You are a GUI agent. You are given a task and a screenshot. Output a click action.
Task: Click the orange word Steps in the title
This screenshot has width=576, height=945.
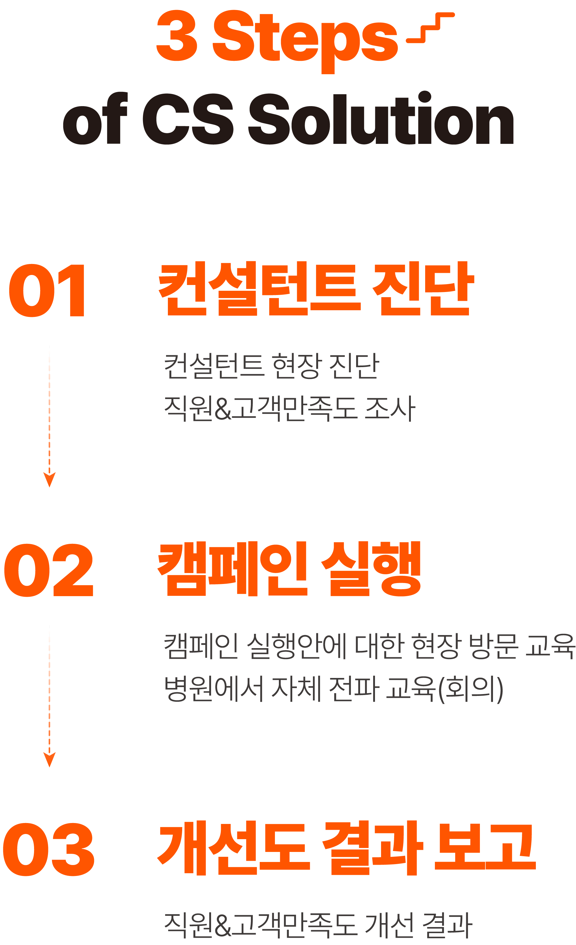pyautogui.click(x=305, y=38)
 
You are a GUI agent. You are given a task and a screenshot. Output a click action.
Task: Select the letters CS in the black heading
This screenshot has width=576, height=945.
pyautogui.click(x=188, y=119)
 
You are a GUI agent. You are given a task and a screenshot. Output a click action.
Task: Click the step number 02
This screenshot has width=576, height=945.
pyautogui.click(x=48, y=570)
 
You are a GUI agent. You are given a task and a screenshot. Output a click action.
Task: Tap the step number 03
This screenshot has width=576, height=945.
pyautogui.click(x=48, y=849)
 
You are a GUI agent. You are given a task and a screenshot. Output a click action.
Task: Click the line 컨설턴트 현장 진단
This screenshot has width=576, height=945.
pyautogui.click(x=272, y=366)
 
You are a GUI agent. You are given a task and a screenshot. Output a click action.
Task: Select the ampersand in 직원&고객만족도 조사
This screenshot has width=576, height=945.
pyautogui.click(x=223, y=409)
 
